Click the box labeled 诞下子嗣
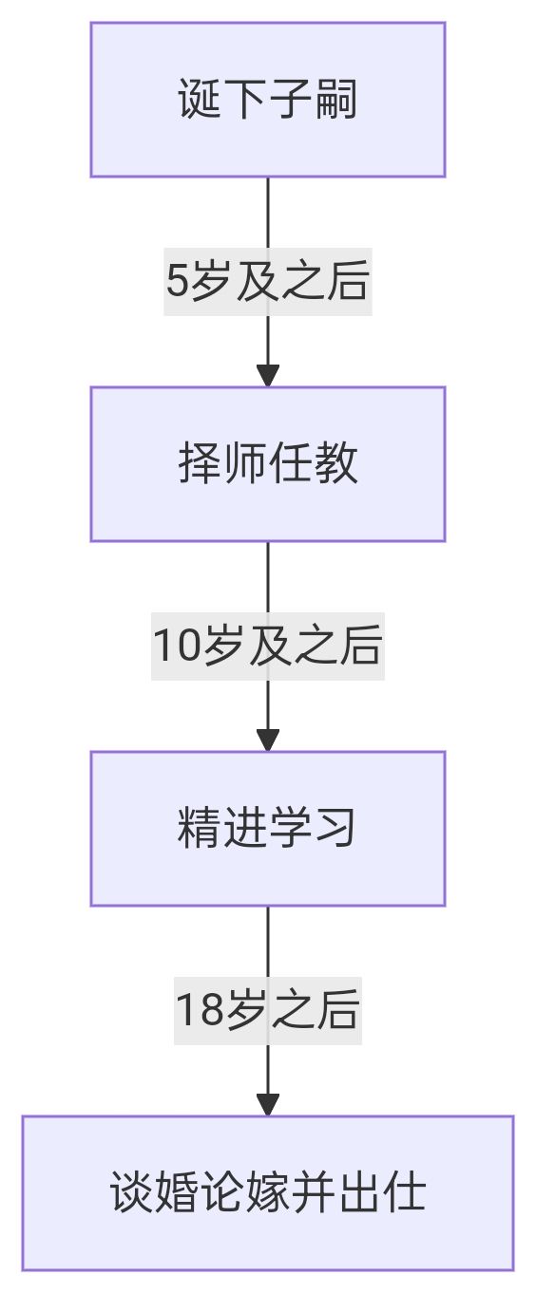[267, 100]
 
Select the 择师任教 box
[267, 464]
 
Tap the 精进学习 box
[267, 829]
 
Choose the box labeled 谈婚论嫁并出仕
[267, 1193]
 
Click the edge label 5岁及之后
[267, 282]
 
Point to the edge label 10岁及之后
[267, 646]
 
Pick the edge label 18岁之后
[267, 1011]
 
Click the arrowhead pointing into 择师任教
[267, 375]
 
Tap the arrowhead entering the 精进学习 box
[267, 740]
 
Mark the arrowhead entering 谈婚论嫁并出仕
[267, 1104]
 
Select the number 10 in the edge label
[177, 646]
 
